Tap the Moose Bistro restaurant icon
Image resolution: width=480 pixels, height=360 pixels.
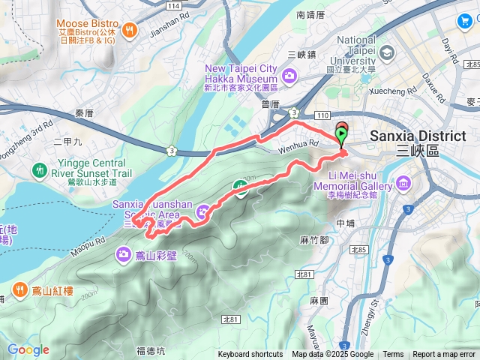coord(130,30)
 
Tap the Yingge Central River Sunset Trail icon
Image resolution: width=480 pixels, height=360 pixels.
coord(40,170)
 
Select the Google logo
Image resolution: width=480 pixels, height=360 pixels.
coord(28,349)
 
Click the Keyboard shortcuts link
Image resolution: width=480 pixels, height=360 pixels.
coord(250,355)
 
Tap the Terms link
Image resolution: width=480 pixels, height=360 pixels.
coord(393,355)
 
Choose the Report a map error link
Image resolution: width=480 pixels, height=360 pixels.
coord(444,355)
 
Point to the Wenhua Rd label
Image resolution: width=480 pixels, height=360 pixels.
coord(304,142)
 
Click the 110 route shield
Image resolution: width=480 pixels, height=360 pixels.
coord(322,116)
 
